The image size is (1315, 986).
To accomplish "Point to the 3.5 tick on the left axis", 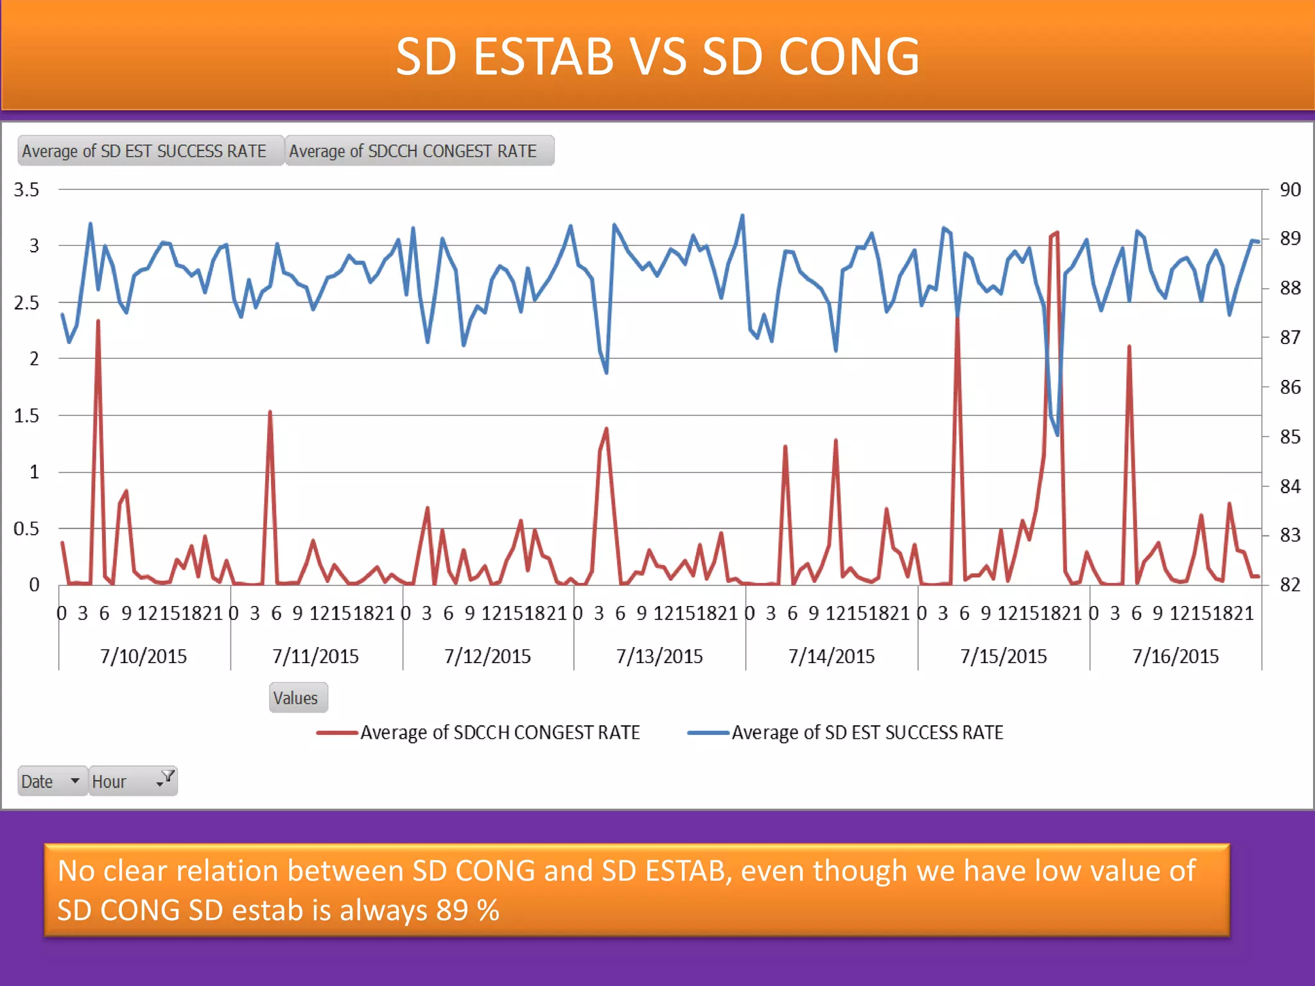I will point(26,189).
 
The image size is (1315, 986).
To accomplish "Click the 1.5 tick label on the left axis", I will point(26,415).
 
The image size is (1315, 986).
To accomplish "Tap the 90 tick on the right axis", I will point(1290,189).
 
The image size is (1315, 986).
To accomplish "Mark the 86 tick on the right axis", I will point(1290,387).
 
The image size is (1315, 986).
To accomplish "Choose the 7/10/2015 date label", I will point(143,656).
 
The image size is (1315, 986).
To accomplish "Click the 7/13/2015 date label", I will point(659,656).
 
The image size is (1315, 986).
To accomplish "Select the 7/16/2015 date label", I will point(1175,656).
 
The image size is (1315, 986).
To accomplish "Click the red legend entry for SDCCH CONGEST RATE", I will point(478,732).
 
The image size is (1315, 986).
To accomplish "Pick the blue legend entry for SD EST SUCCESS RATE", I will point(846,732).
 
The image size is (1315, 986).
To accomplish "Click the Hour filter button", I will point(132,781).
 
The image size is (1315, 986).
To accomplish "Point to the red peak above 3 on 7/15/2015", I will point(1057,233).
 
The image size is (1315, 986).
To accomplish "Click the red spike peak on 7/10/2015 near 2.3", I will point(98,321).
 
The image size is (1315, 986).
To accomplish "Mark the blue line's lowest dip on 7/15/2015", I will point(1057,435).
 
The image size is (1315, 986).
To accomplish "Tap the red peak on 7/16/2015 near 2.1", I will point(1129,347).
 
